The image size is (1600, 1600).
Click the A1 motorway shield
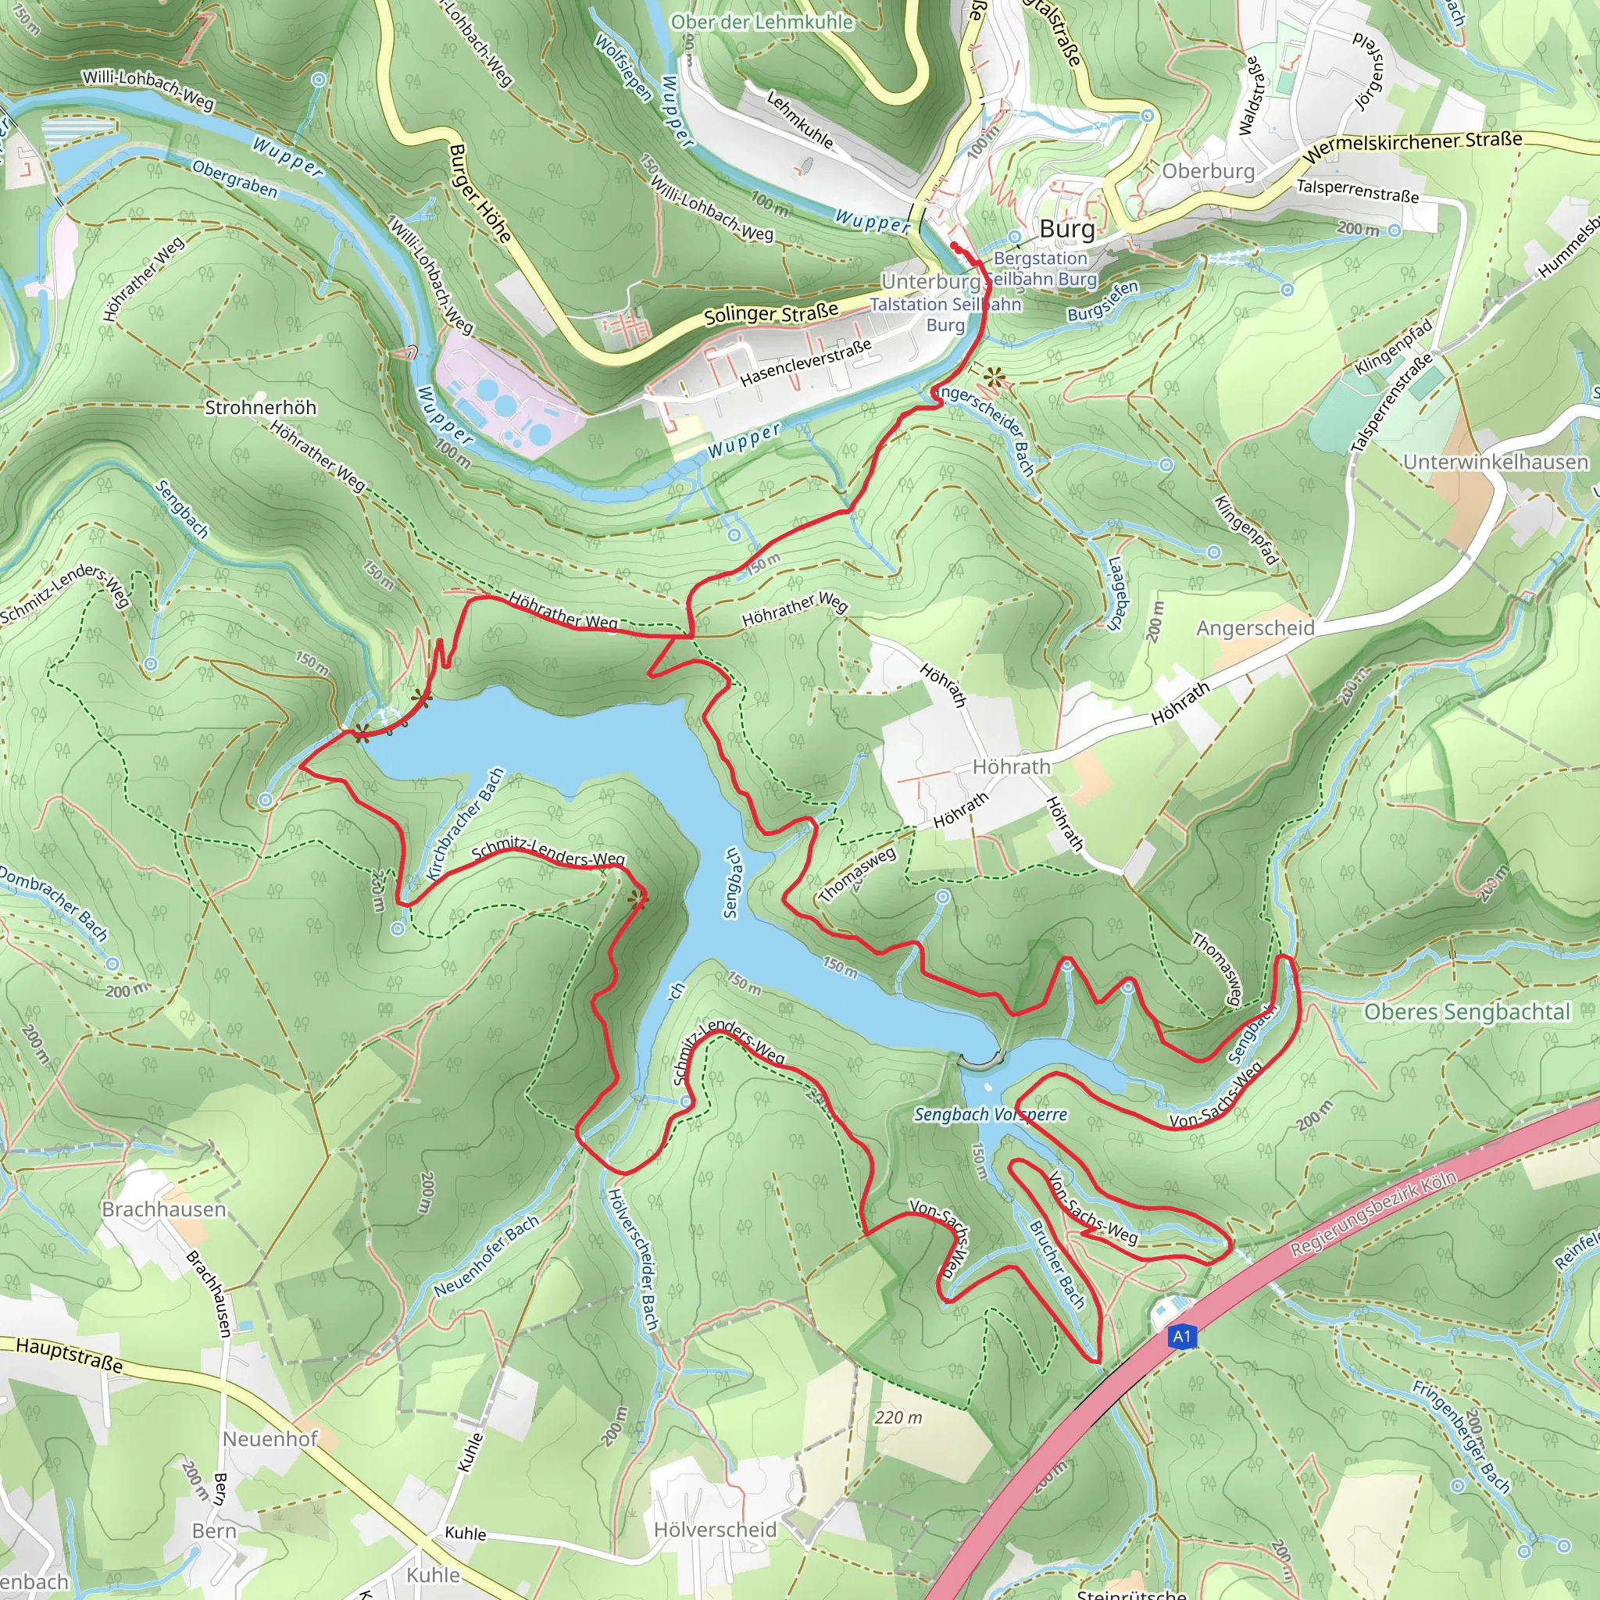[x=1182, y=1336]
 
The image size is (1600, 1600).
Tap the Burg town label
[x=1066, y=229]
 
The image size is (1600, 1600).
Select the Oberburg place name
[x=1209, y=171]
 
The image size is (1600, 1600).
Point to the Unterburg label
[x=930, y=281]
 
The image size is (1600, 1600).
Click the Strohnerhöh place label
[x=260, y=408]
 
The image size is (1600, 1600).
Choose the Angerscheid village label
[x=1255, y=628]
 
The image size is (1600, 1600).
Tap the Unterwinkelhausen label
[x=1495, y=462]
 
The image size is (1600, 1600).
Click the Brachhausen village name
[x=163, y=1209]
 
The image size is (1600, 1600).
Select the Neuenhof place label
[x=270, y=1438]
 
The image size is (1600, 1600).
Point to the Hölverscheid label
[x=715, y=1530]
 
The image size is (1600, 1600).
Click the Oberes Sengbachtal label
[x=1466, y=1012]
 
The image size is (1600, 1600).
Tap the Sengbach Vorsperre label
[x=990, y=1115]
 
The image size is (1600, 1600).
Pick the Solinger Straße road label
[x=770, y=314]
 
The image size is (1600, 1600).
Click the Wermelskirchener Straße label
[x=1412, y=147]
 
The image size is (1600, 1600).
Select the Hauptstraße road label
[x=70, y=1355]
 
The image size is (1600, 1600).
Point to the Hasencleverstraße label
[x=805, y=362]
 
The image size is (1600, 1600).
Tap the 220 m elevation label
[x=898, y=1417]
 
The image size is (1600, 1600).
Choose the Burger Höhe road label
[x=480, y=193]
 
